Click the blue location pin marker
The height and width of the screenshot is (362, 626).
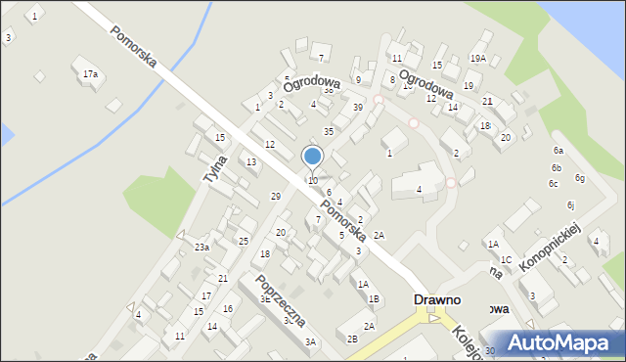point(313,157)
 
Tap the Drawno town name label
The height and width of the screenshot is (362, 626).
point(436,299)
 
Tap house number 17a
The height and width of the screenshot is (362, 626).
point(90,74)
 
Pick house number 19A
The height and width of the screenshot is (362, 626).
point(477,59)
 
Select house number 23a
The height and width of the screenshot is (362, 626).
point(201,248)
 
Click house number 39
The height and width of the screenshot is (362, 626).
point(358,107)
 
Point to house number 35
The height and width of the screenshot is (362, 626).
point(329,131)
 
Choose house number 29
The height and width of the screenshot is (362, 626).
point(276,197)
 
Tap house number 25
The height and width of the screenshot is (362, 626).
point(244,241)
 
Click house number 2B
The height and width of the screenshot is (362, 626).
point(351,339)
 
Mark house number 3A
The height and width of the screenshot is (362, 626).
point(310,341)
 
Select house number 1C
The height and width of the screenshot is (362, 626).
point(506,259)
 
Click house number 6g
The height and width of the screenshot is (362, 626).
point(580,178)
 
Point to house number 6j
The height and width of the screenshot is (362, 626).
point(570,204)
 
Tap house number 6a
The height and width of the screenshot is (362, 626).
point(559,151)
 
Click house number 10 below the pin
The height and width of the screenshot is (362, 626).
point(313,181)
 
